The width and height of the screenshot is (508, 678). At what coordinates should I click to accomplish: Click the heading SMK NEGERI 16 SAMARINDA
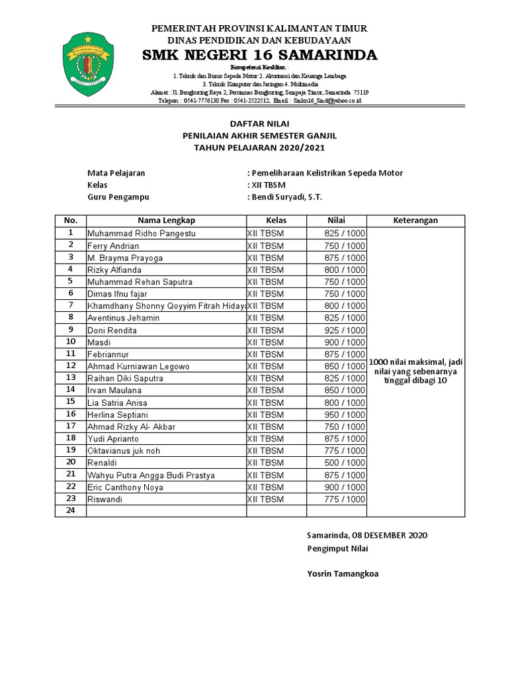259,54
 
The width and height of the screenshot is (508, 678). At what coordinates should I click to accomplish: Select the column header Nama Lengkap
166,220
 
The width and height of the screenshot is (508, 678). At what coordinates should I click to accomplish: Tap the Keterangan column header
416,220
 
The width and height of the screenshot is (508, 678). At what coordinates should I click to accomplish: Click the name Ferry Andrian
113,246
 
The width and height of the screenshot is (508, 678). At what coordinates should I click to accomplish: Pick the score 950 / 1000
345,414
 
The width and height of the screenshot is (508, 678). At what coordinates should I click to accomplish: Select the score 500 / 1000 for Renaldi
345,463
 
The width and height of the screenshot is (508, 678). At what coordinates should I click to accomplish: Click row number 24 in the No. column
71,511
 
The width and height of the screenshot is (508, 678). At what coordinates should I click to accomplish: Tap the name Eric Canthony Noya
126,487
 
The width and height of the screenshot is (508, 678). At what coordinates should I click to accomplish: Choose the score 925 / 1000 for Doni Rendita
345,330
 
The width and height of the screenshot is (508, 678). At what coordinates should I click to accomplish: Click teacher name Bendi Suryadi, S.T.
286,197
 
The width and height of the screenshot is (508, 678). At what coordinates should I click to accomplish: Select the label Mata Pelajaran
116,173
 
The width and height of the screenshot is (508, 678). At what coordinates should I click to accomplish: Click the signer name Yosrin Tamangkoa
343,574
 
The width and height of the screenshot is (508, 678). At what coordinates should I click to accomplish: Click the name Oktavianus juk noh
124,451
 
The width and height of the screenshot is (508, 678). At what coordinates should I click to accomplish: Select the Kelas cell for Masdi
265,342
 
